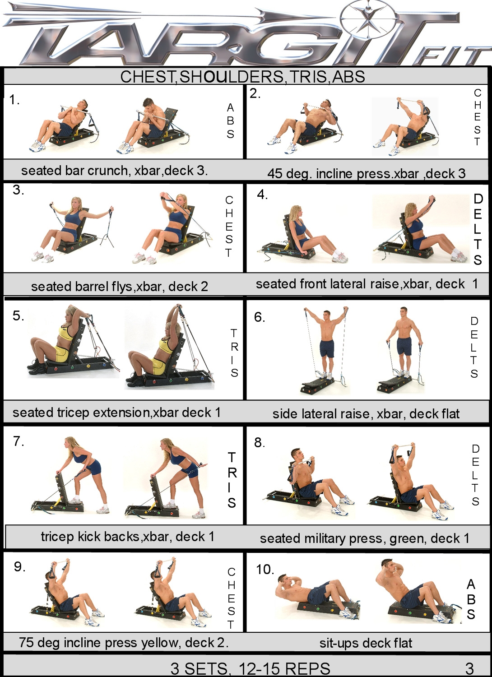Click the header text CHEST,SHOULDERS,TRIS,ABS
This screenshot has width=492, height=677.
[x=242, y=77]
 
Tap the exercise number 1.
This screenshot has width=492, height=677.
[x=14, y=100]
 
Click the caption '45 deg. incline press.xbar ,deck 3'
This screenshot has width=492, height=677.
[x=366, y=173]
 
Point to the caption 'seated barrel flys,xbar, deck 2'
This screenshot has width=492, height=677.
[x=120, y=286]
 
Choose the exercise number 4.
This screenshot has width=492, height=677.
[x=262, y=195]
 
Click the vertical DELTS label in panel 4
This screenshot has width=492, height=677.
[x=478, y=229]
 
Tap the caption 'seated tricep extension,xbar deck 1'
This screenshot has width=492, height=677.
[x=116, y=413]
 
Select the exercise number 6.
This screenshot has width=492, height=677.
[x=259, y=317]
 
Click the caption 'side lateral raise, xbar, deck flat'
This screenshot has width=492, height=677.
[x=366, y=413]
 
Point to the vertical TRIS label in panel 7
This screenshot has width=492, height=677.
[x=232, y=480]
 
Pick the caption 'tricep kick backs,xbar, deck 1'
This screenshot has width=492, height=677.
[x=127, y=537]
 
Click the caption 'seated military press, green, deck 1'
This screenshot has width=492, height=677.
[x=365, y=538]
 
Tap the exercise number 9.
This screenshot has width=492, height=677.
[x=19, y=566]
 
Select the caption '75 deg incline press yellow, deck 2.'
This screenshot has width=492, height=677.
[x=124, y=642]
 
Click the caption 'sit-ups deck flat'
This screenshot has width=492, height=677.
[x=366, y=643]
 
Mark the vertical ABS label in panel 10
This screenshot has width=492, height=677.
[x=471, y=599]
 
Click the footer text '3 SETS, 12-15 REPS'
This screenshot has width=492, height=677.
[x=250, y=668]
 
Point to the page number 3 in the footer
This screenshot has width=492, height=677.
[x=469, y=668]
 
